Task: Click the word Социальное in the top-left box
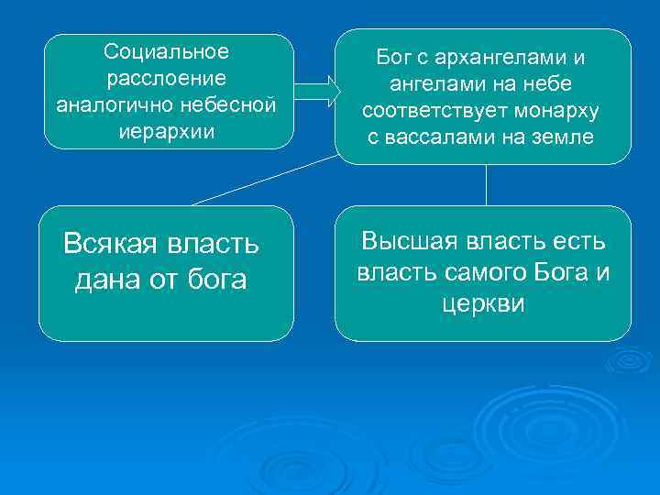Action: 167,49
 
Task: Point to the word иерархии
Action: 167,131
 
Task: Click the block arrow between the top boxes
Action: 317,90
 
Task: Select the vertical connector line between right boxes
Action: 485,185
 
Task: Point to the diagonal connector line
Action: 266,180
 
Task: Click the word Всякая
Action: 107,245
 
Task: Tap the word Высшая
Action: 412,241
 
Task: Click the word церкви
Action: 482,303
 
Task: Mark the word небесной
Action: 232,104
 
